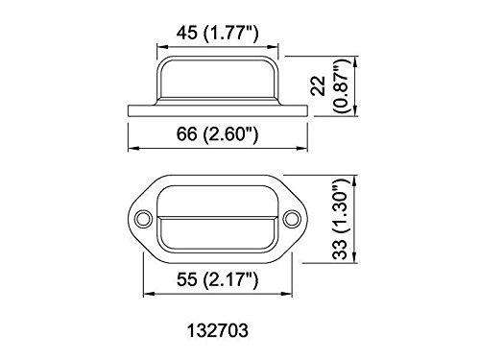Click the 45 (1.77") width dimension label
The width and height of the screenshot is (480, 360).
click(217, 34)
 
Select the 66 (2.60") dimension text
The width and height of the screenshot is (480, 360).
click(217, 133)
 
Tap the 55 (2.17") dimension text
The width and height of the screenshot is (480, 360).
click(217, 280)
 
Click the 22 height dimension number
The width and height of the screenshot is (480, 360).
click(319, 85)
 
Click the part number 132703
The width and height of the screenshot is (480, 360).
click(218, 330)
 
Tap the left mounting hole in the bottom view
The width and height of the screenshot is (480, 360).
click(143, 219)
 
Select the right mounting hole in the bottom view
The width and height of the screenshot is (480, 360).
click(292, 219)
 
